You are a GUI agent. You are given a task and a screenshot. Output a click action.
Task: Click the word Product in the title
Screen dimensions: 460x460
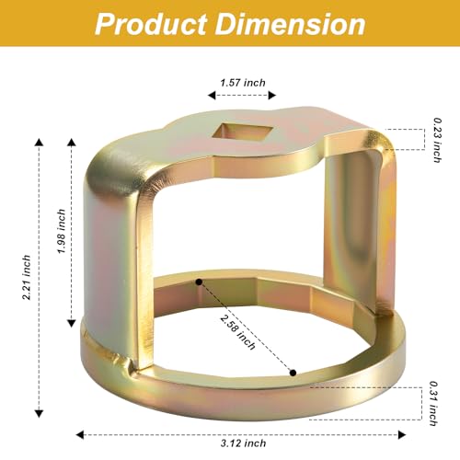[151, 25]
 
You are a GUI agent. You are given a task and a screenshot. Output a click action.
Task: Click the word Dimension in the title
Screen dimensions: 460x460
[291, 24]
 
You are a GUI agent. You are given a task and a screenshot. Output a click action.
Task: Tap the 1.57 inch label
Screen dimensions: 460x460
[243, 83]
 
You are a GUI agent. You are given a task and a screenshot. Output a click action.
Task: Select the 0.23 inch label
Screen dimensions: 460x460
[437, 140]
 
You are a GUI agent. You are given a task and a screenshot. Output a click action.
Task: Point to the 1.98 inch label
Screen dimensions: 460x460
[62, 231]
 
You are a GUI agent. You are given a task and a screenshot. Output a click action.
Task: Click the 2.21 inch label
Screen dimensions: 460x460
[27, 277]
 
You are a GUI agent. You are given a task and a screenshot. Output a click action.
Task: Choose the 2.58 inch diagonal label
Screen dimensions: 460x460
[237, 332]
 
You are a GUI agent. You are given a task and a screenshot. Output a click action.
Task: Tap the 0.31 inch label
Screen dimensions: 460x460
[433, 404]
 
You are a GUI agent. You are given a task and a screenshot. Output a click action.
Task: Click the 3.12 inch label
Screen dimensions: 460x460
[243, 443]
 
